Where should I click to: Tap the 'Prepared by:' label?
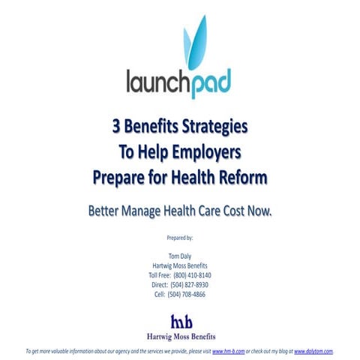(x=180, y=238)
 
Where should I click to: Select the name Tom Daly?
(x=180, y=256)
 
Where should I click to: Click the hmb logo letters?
(x=180, y=319)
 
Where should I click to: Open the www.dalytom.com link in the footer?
(x=313, y=351)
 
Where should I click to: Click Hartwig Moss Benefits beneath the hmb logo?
(x=180, y=335)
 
